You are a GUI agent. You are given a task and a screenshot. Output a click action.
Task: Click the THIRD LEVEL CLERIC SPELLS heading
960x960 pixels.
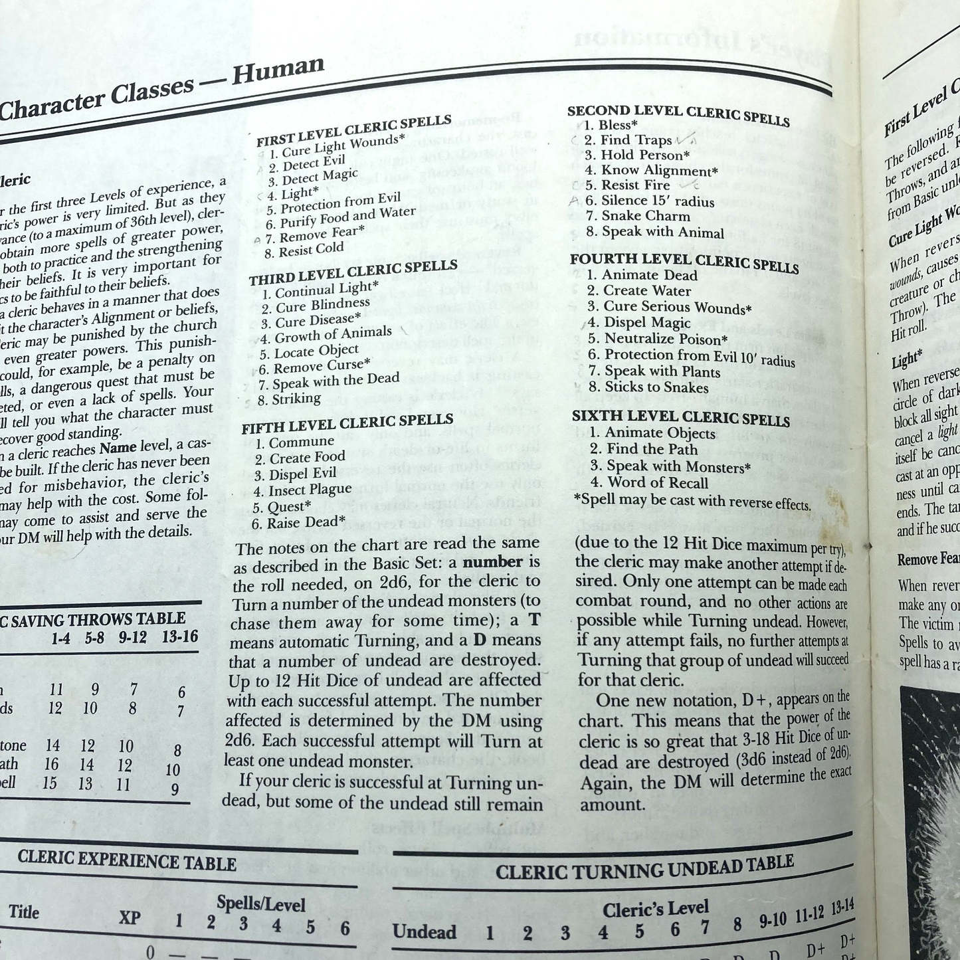click(353, 272)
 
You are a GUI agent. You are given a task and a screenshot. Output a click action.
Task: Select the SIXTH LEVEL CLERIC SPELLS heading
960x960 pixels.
click(681, 418)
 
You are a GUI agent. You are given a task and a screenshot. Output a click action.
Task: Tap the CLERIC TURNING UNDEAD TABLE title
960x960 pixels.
click(644, 868)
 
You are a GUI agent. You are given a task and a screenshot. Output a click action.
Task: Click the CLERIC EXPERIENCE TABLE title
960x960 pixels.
click(127, 860)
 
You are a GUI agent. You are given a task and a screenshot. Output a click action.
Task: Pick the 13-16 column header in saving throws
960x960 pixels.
click(179, 636)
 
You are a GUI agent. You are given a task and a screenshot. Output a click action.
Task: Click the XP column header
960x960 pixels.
click(130, 917)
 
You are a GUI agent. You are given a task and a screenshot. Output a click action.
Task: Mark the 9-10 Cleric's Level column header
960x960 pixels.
click(772, 921)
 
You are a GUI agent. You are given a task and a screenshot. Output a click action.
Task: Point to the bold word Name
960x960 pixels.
click(118, 446)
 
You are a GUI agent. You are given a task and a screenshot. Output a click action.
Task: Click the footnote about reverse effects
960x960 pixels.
click(691, 502)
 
